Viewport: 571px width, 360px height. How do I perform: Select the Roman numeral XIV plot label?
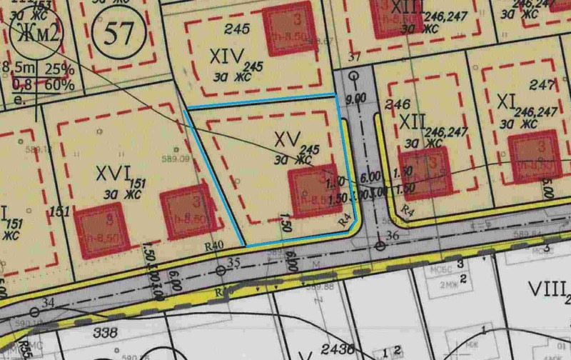[x=228, y=55]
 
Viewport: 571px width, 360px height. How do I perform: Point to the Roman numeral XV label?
[x=285, y=136]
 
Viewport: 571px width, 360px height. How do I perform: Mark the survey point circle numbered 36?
[x=380, y=246]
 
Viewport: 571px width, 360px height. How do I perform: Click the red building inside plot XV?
[x=312, y=187]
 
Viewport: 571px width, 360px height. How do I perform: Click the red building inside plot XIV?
[x=285, y=29]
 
